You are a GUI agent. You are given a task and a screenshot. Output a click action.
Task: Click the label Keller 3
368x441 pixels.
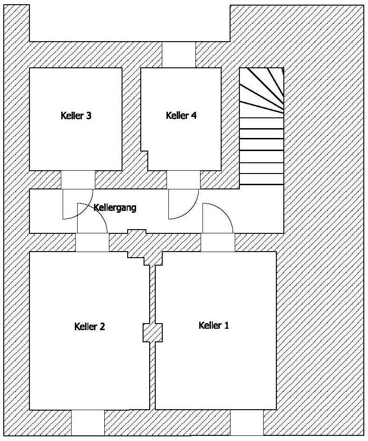point(76,116)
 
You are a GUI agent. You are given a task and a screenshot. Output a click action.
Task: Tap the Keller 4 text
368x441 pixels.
point(181,116)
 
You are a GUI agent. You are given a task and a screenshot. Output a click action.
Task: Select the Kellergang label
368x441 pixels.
point(115,207)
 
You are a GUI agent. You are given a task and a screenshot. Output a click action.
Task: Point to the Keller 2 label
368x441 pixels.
point(89,326)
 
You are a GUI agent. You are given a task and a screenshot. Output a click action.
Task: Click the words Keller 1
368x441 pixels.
point(214,325)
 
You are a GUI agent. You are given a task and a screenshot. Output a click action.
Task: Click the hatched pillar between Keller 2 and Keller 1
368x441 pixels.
point(152,333)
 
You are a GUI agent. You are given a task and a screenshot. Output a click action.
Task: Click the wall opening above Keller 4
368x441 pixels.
point(178,54)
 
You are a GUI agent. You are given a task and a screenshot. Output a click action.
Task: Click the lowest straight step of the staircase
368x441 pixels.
point(261,180)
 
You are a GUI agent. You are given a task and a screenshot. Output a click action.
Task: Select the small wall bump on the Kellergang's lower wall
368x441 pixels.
point(137,231)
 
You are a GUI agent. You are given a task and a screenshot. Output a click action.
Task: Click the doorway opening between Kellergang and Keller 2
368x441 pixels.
point(93,242)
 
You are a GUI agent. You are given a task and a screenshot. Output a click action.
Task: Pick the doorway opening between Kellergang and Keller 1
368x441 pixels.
point(218,242)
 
